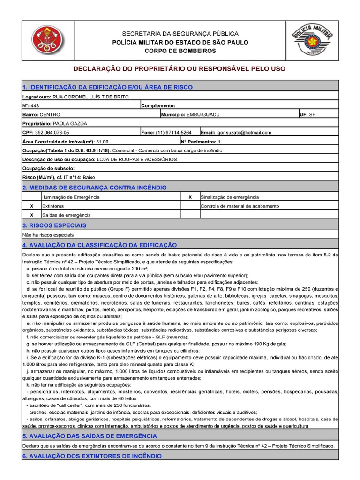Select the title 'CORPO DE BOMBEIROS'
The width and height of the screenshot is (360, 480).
tap(180, 51)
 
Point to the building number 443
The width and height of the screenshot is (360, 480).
tap(35, 105)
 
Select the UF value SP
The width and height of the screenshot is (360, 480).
tap(313, 114)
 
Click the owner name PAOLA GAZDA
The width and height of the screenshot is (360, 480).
tap(64, 123)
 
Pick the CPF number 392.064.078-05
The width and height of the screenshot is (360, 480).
tap(55, 132)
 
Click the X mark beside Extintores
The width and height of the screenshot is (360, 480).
tap(31, 206)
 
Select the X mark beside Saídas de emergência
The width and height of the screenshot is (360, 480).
tap(31, 215)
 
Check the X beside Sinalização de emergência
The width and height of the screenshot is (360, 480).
tap(189, 197)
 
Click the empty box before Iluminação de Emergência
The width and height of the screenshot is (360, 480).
tap(31, 197)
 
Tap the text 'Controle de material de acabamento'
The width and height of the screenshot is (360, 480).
tap(240, 206)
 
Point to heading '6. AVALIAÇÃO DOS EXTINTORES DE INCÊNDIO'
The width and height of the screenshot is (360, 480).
tap(92, 456)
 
